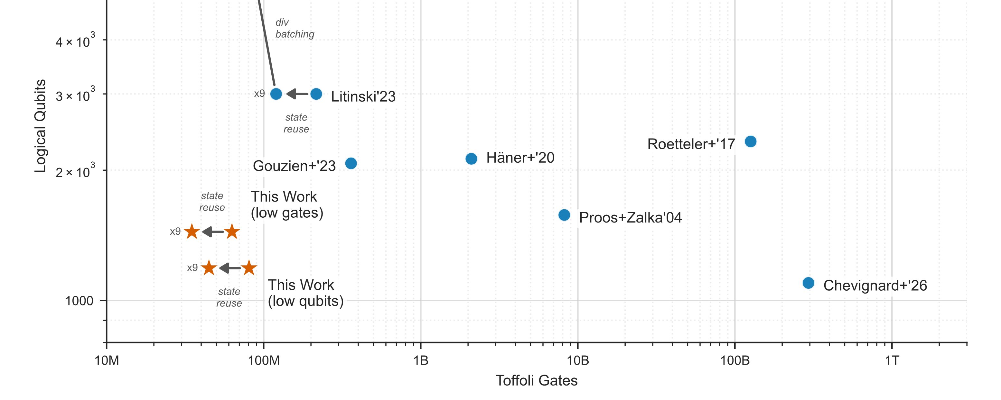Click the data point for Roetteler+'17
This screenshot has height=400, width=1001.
(x=750, y=141)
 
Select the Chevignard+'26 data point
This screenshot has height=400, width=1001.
(x=808, y=283)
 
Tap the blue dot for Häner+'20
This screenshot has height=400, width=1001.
(x=471, y=159)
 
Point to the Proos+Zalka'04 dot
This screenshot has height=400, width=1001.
(x=564, y=215)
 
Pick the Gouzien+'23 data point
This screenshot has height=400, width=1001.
(x=351, y=163)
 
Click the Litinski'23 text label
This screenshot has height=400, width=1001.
(x=363, y=96)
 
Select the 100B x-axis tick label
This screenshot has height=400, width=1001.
(x=734, y=361)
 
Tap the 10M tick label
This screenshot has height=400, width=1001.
(x=107, y=361)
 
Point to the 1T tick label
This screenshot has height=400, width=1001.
(x=892, y=361)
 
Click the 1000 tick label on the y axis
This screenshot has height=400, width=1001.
(x=79, y=301)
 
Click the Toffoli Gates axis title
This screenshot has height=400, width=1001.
(x=536, y=381)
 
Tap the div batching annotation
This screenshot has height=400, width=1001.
(x=295, y=28)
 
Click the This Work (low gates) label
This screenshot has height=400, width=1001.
(x=287, y=205)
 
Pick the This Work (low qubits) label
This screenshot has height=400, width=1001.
(x=305, y=293)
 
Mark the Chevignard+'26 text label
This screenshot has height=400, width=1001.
(x=875, y=286)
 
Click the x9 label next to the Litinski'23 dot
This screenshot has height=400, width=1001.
(x=259, y=94)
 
